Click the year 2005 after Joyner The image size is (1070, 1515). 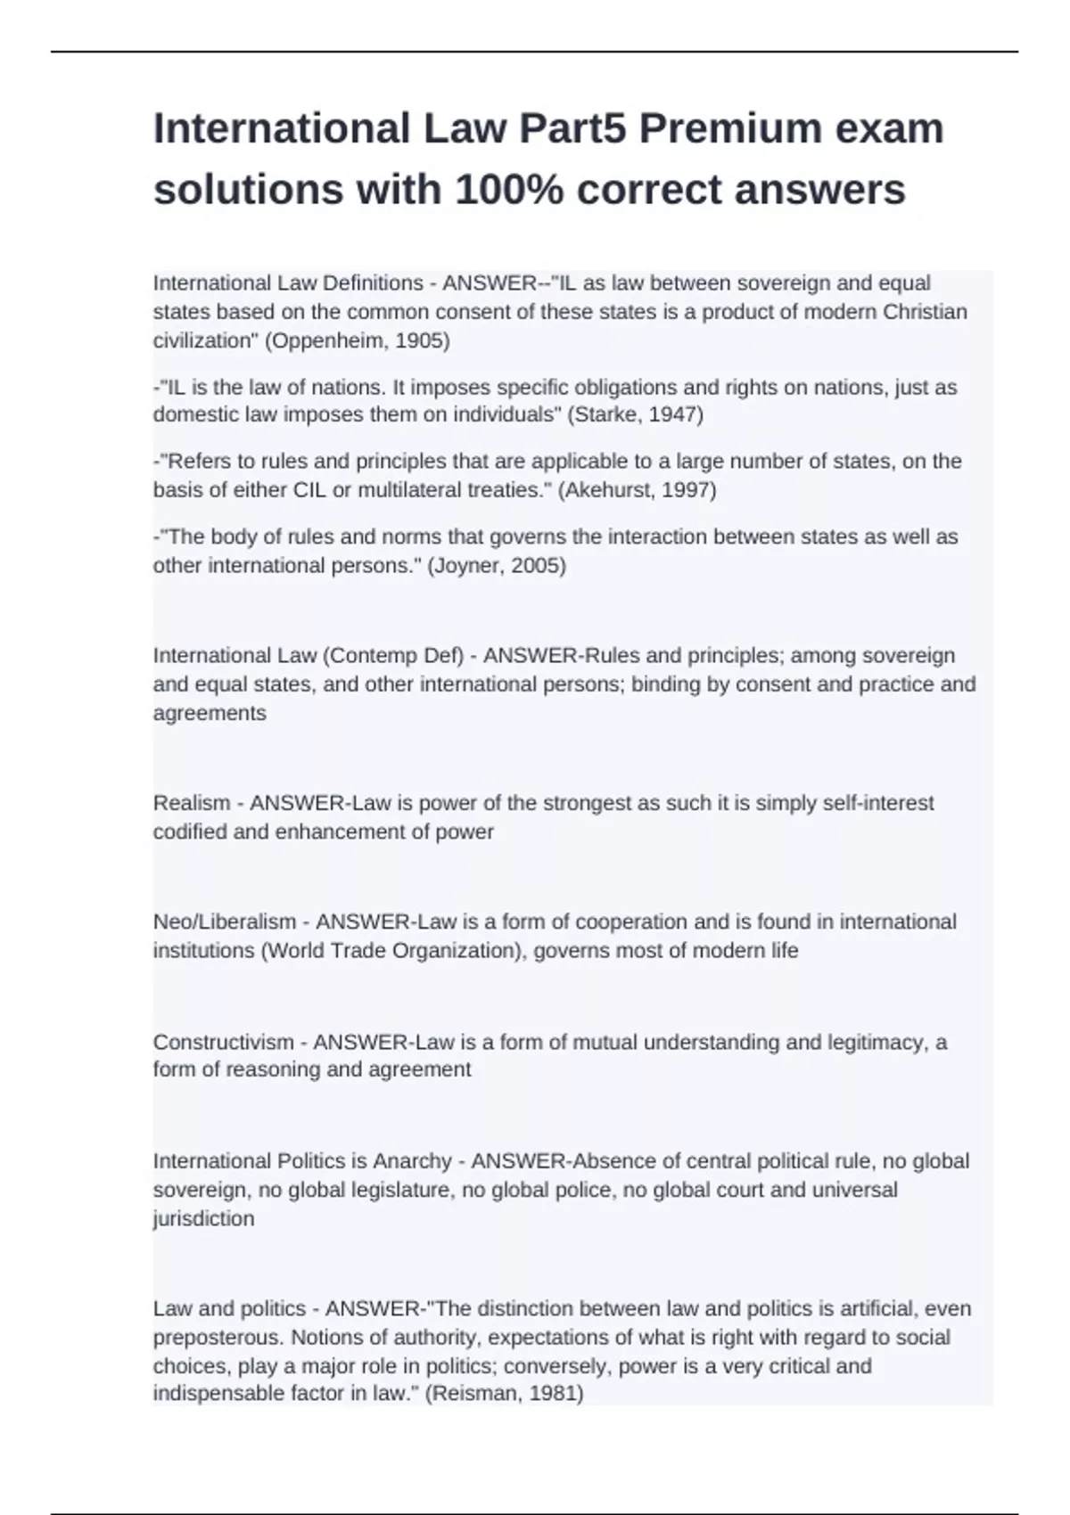tap(536, 565)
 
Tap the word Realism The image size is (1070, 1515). tap(191, 803)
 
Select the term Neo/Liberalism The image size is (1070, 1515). tap(225, 921)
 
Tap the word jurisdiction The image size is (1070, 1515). tap(204, 1218)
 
